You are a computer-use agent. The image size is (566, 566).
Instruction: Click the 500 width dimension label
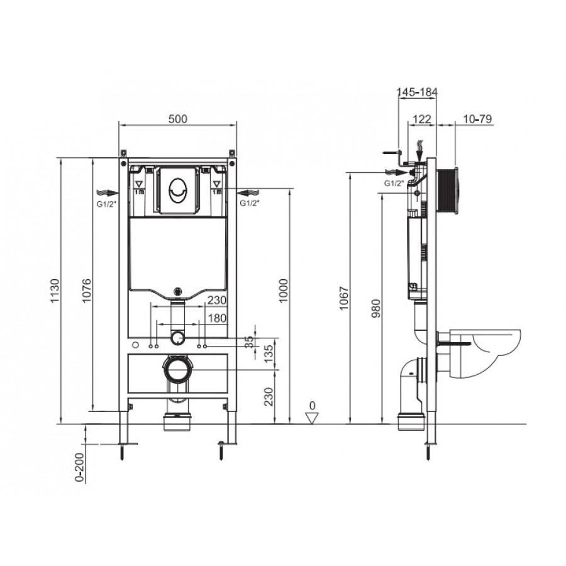177,119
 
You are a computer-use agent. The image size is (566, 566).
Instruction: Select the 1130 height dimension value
54,291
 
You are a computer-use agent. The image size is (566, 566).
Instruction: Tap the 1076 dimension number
86,291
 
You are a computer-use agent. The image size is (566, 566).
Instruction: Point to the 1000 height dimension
284,291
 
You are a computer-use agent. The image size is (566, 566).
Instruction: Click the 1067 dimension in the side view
344,298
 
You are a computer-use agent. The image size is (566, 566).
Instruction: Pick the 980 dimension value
376,308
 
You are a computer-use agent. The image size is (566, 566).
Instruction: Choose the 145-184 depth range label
418,92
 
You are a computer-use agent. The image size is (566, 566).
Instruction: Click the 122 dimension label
421,119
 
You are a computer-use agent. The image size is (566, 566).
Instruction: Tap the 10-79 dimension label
477,119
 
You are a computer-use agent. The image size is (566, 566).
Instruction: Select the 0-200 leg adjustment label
79,467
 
